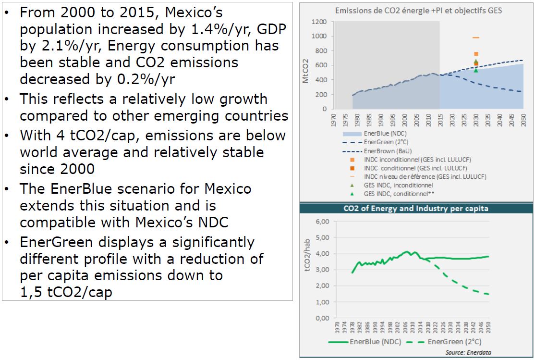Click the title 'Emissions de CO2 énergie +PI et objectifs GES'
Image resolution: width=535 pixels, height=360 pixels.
point(418,10)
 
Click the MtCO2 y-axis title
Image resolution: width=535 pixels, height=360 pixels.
point(306,71)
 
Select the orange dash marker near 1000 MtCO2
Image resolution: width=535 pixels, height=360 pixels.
point(476,37)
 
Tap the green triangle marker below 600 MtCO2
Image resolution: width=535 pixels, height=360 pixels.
point(476,70)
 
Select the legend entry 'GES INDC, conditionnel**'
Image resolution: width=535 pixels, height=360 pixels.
point(399,193)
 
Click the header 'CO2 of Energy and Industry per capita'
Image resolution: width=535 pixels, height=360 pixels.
point(416,209)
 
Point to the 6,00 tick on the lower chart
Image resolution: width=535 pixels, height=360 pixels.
point(322,222)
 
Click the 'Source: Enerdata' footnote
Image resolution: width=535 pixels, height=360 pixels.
point(468,352)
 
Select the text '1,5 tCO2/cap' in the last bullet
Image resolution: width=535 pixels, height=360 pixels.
point(66,292)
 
